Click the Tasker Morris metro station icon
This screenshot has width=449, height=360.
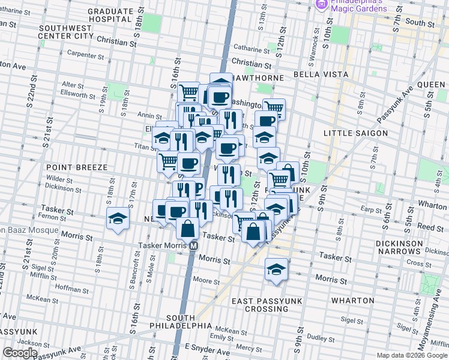(193, 245)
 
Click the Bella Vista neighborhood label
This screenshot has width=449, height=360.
(321, 74)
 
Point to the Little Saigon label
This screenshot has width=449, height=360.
(356, 133)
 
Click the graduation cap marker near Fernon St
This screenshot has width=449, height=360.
(118, 219)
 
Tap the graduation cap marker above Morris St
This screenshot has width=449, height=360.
(276, 269)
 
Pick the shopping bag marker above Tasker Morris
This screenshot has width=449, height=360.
(188, 229)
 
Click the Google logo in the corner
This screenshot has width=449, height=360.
(20, 353)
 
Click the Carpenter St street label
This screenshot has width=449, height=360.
(86, 55)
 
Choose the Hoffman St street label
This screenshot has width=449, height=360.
(72, 289)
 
